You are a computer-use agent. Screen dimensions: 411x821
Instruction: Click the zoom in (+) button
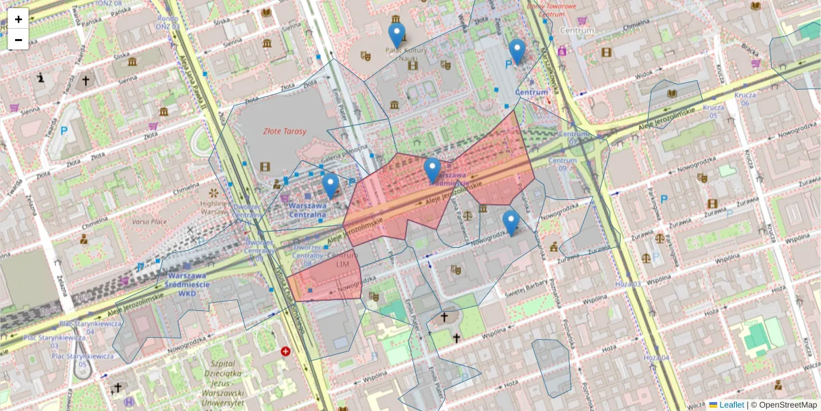(18, 19)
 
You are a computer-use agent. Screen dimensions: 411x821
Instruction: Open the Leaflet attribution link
(731, 405)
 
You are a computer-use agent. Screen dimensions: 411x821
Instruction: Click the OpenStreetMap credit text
(787, 405)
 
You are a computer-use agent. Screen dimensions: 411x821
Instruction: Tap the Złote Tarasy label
(285, 131)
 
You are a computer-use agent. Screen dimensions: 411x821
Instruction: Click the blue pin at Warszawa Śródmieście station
(432, 170)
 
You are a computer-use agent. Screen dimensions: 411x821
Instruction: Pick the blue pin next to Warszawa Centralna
(330, 185)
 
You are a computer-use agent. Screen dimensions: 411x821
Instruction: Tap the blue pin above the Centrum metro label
(517, 51)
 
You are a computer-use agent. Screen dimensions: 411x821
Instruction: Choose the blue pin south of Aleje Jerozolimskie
(510, 223)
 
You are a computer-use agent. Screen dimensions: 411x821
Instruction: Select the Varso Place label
(150, 221)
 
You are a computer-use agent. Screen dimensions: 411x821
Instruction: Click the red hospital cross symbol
(285, 351)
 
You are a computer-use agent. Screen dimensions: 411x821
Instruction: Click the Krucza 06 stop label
(745, 99)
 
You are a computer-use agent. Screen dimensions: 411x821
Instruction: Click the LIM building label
(343, 263)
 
